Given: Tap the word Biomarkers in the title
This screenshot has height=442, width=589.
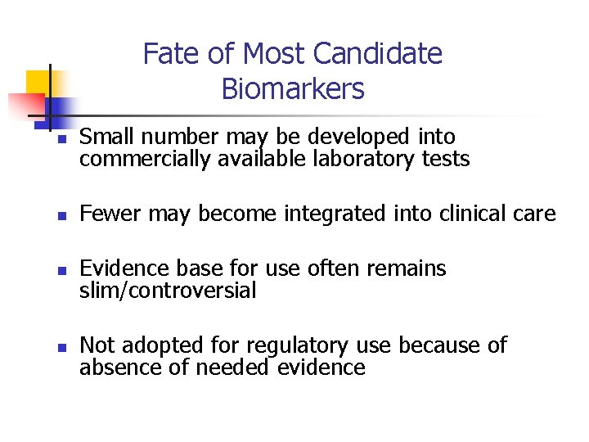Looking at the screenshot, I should (293, 88).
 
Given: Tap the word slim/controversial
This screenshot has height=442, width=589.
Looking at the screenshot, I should (168, 291).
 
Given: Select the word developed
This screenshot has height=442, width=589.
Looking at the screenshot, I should (366, 138).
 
